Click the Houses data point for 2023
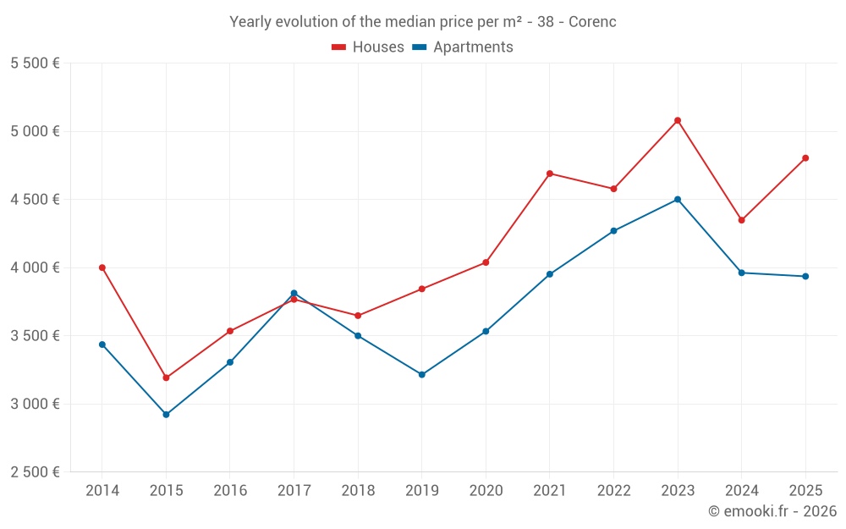678,120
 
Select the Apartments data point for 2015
166,415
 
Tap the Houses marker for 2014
102,267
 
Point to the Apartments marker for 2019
422,374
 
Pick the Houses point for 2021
550,174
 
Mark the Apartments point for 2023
678,200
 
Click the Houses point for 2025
805,157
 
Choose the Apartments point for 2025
805,276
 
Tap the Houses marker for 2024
742,220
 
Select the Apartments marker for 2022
614,231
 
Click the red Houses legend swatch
339,47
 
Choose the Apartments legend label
473,47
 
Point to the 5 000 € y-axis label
35,131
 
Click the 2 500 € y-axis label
35,471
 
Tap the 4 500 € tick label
35,200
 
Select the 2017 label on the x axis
294,490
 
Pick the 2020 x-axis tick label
486,490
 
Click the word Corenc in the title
592,22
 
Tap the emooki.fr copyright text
772,510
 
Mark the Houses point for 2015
166,377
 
